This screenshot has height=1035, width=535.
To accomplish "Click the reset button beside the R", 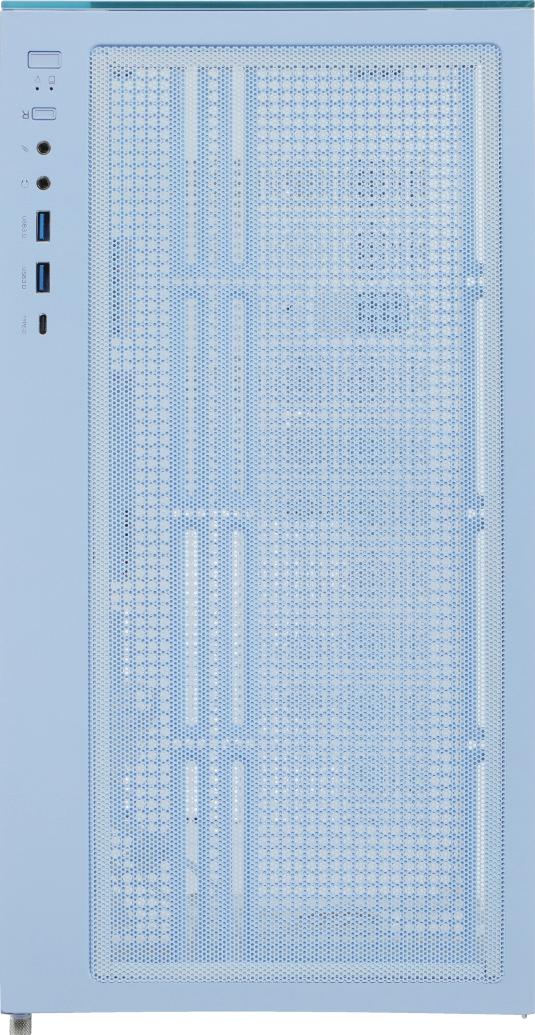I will [x=44, y=113].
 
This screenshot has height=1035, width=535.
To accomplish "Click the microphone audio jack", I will [x=44, y=149].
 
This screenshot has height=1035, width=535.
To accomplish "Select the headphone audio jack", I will [x=44, y=183].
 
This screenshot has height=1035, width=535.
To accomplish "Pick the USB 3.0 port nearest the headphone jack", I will [x=43, y=226].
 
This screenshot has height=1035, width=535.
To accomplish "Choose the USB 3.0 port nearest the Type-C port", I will [x=43, y=277].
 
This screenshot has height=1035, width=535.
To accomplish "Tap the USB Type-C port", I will [x=42, y=324].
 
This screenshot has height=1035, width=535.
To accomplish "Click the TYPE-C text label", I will [x=24, y=324].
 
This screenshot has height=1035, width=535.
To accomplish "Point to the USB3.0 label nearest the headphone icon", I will [x=24, y=227].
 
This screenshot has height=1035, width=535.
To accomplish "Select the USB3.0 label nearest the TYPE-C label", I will [x=24, y=278].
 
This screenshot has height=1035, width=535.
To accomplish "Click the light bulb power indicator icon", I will [x=37, y=80].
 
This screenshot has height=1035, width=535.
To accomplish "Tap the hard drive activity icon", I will [x=52, y=80].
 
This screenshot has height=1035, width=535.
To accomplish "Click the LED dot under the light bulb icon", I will [x=37, y=88].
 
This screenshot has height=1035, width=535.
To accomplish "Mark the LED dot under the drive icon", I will [x=51, y=88].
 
